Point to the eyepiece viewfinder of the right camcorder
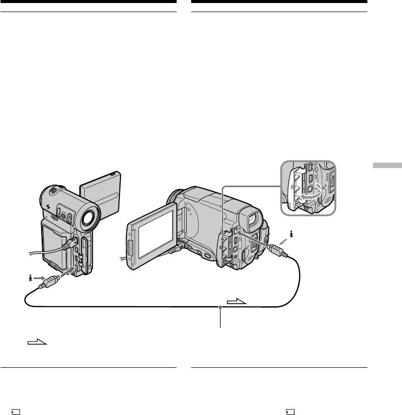click(x=253, y=220)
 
